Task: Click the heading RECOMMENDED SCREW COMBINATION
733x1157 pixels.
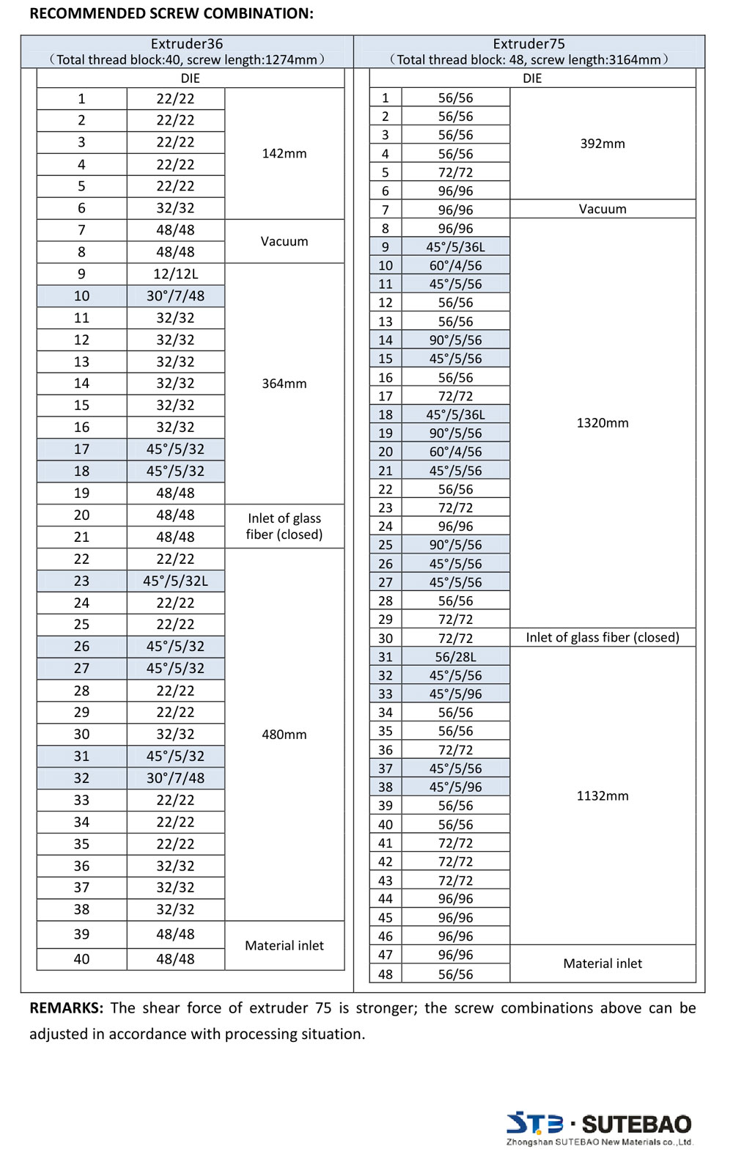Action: tap(171, 13)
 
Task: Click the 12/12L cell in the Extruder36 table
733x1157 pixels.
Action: tap(175, 273)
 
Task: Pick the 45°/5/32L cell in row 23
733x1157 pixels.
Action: tap(175, 581)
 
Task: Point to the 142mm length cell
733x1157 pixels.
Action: tap(284, 153)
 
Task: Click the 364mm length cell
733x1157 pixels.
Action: tap(284, 383)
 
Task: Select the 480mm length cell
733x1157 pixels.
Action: tap(284, 734)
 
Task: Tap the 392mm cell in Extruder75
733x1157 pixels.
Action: tap(603, 144)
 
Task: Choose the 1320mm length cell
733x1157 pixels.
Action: tap(603, 423)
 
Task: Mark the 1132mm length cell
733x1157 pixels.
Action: tap(603, 796)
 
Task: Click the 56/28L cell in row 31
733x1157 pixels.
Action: tap(455, 657)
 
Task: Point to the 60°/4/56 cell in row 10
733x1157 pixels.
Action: tap(455, 265)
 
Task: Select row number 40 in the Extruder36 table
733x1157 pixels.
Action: tap(81, 959)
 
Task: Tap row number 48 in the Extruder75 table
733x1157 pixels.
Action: tap(386, 974)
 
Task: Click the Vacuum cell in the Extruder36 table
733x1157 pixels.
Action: tap(284, 241)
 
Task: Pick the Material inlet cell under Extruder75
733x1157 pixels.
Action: tap(603, 963)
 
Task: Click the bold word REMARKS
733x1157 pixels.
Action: tap(67, 1008)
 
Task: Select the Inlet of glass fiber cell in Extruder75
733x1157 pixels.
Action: tap(603, 637)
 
